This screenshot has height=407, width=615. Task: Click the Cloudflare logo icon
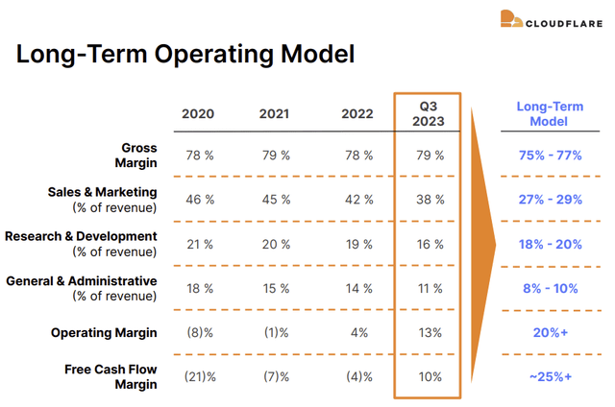(511, 19)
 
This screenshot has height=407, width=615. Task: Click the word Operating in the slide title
(213, 55)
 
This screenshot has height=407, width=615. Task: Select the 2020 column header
(198, 114)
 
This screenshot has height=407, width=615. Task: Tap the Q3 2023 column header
(428, 113)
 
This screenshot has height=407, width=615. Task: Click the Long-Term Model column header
(550, 113)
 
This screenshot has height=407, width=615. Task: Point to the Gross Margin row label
(135, 156)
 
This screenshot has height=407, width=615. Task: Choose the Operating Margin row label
(104, 332)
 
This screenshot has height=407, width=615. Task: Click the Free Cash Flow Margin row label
(111, 376)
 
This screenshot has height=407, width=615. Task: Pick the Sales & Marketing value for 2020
(200, 200)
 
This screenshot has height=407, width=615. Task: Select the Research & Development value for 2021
(276, 244)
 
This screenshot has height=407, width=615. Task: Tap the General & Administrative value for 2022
(358, 288)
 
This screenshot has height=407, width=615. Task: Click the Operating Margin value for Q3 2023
(430, 332)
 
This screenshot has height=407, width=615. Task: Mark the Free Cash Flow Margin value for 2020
(200, 377)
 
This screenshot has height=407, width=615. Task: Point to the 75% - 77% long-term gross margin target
(550, 156)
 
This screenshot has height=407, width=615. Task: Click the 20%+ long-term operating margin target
(551, 332)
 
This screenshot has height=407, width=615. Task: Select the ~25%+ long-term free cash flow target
(551, 377)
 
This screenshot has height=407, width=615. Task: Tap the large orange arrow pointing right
(483, 245)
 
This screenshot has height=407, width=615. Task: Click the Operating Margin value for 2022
(359, 332)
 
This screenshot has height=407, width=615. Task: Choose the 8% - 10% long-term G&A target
(551, 288)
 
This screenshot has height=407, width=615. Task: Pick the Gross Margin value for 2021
(276, 156)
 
